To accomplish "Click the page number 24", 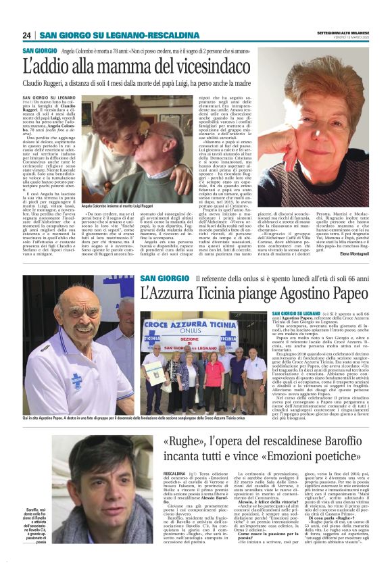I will (x=27, y=35).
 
